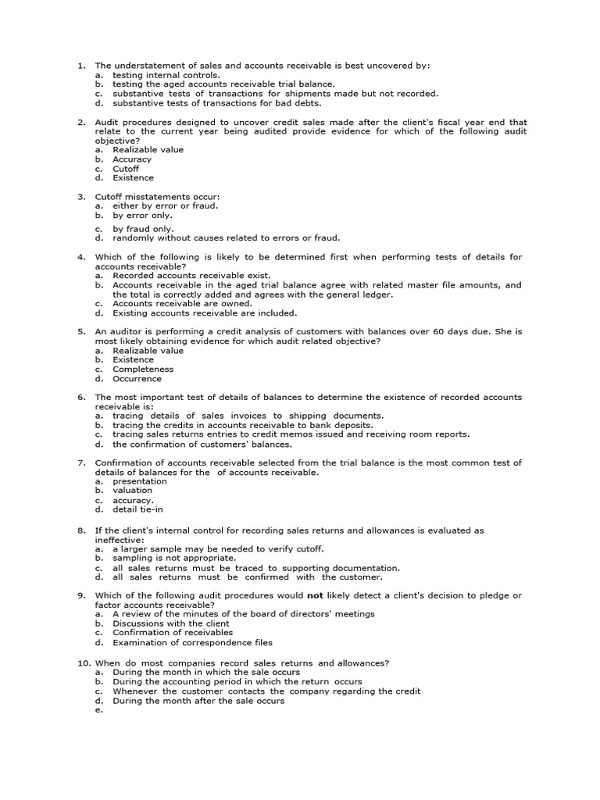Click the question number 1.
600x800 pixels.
pyautogui.click(x=80, y=65)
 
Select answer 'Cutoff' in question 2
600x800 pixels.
pyautogui.click(x=126, y=169)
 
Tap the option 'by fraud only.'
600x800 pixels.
pyautogui.click(x=143, y=229)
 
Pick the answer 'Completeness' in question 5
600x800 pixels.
pyautogui.click(x=143, y=370)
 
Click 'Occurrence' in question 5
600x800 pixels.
pyautogui.click(x=137, y=379)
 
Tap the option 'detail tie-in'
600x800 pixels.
pyautogui.click(x=137, y=509)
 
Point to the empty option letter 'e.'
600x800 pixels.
pyautogui.click(x=99, y=710)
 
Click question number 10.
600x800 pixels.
pyautogui.click(x=83, y=662)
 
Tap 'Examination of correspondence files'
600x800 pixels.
pyautogui.click(x=192, y=643)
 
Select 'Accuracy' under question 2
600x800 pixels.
pyautogui.click(x=132, y=159)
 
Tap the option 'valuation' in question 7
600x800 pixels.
pyautogui.click(x=132, y=491)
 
